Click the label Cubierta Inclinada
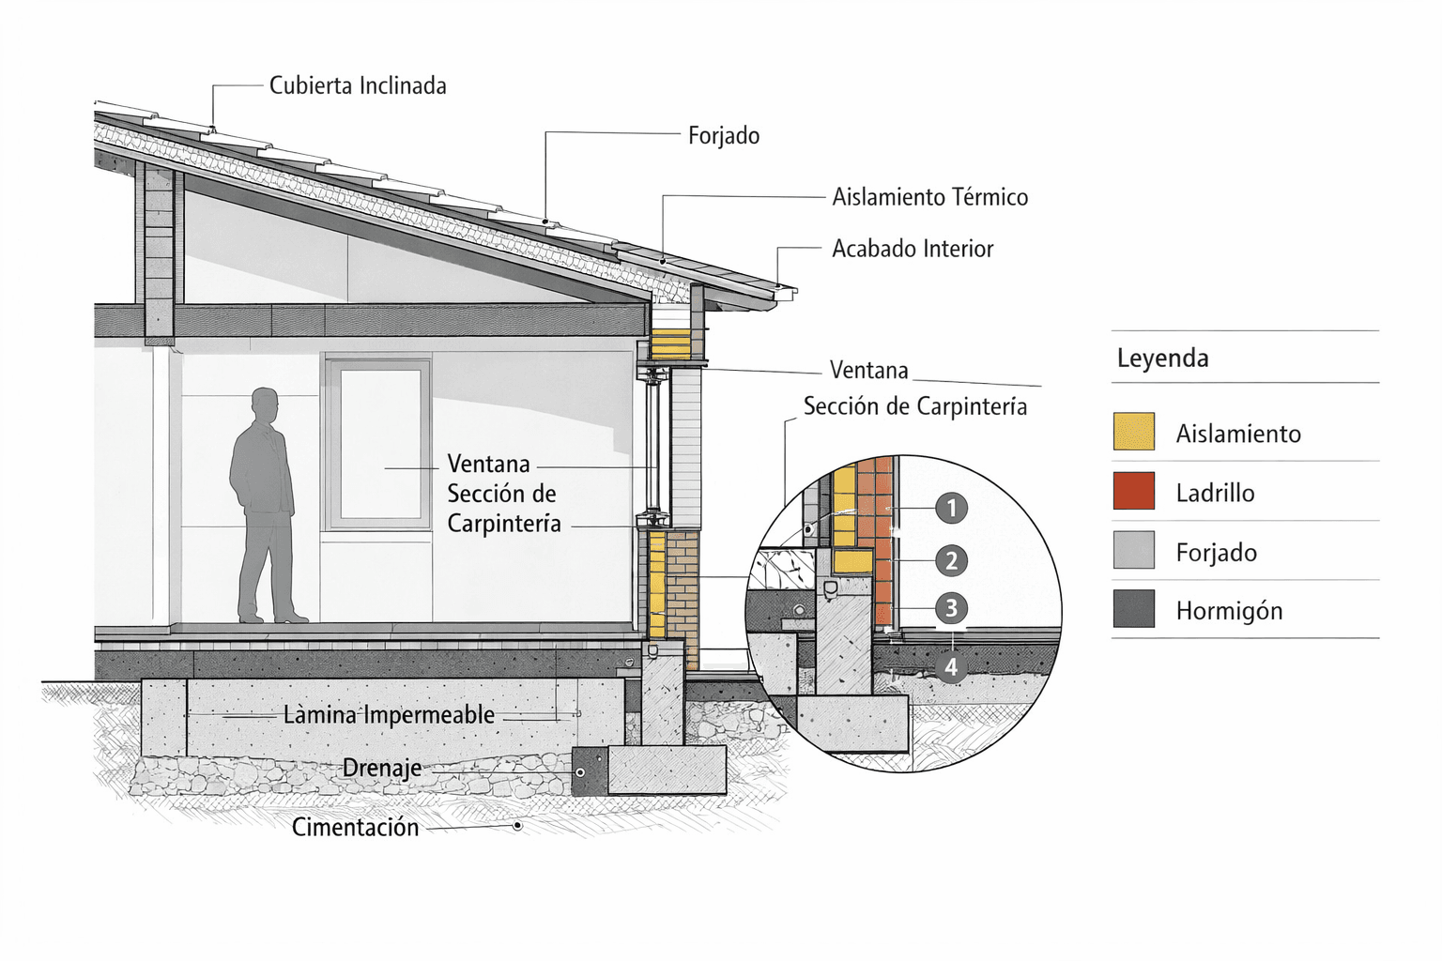[x=357, y=86]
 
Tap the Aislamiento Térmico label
[x=929, y=197]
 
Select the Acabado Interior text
[x=912, y=249]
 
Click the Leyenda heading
[x=1162, y=358]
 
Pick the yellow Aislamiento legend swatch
[x=1133, y=432]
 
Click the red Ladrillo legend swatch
[x=1133, y=492]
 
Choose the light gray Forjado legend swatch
[x=1133, y=551]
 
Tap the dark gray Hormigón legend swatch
[x=1133, y=609]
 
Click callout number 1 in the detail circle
[x=951, y=509]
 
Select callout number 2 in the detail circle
[x=951, y=561]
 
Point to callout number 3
[x=951, y=608]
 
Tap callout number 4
[x=951, y=667]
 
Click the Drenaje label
[x=381, y=769]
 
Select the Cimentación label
[x=355, y=828]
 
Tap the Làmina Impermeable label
[x=389, y=715]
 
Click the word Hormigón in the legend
[x=1229, y=611]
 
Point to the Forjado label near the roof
[x=723, y=136]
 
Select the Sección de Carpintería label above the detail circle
[x=914, y=406]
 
